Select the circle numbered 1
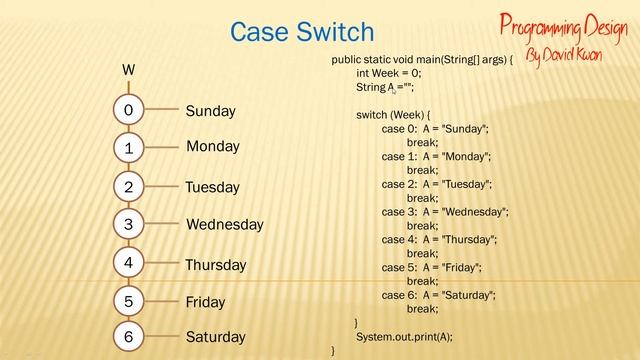[x=129, y=148]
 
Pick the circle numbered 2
[x=129, y=187]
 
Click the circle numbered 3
[x=129, y=225]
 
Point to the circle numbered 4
[x=129, y=263]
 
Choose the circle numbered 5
[x=129, y=301]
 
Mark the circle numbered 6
[x=129, y=338]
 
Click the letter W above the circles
[x=128, y=70]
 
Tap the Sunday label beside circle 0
[x=210, y=111]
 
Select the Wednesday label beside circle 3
[x=224, y=225]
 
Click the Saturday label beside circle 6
[x=215, y=338]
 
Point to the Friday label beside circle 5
[x=205, y=302]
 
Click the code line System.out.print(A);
[x=404, y=336]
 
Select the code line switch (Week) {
[x=393, y=115]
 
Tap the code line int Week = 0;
[x=389, y=74]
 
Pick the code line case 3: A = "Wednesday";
[x=445, y=212]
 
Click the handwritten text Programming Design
[x=563, y=24]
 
